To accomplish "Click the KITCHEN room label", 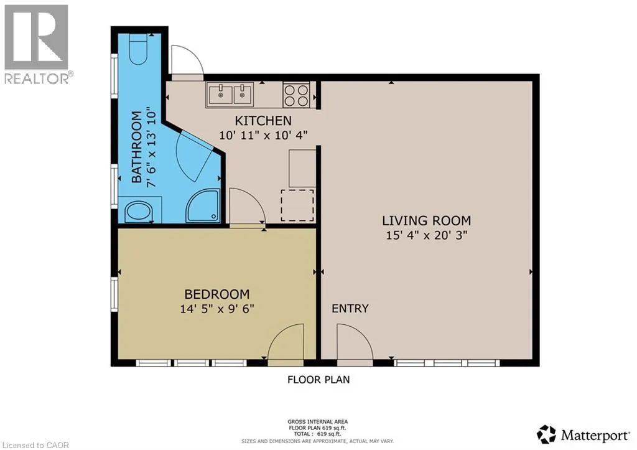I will (x=263, y=120).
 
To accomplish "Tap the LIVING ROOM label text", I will (x=426, y=220).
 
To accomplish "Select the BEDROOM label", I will (x=217, y=294).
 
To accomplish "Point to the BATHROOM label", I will (x=138, y=146).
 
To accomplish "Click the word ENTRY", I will (x=350, y=309).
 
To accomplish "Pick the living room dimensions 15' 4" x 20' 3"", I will (x=426, y=236).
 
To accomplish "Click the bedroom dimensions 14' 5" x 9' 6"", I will (x=217, y=308).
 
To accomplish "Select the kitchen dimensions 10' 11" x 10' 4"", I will (x=263, y=134).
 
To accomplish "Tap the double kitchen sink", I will (x=230, y=95).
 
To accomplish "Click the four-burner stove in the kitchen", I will (x=297, y=95).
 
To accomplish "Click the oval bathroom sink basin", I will (x=138, y=212).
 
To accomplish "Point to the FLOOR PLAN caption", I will (x=318, y=379).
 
